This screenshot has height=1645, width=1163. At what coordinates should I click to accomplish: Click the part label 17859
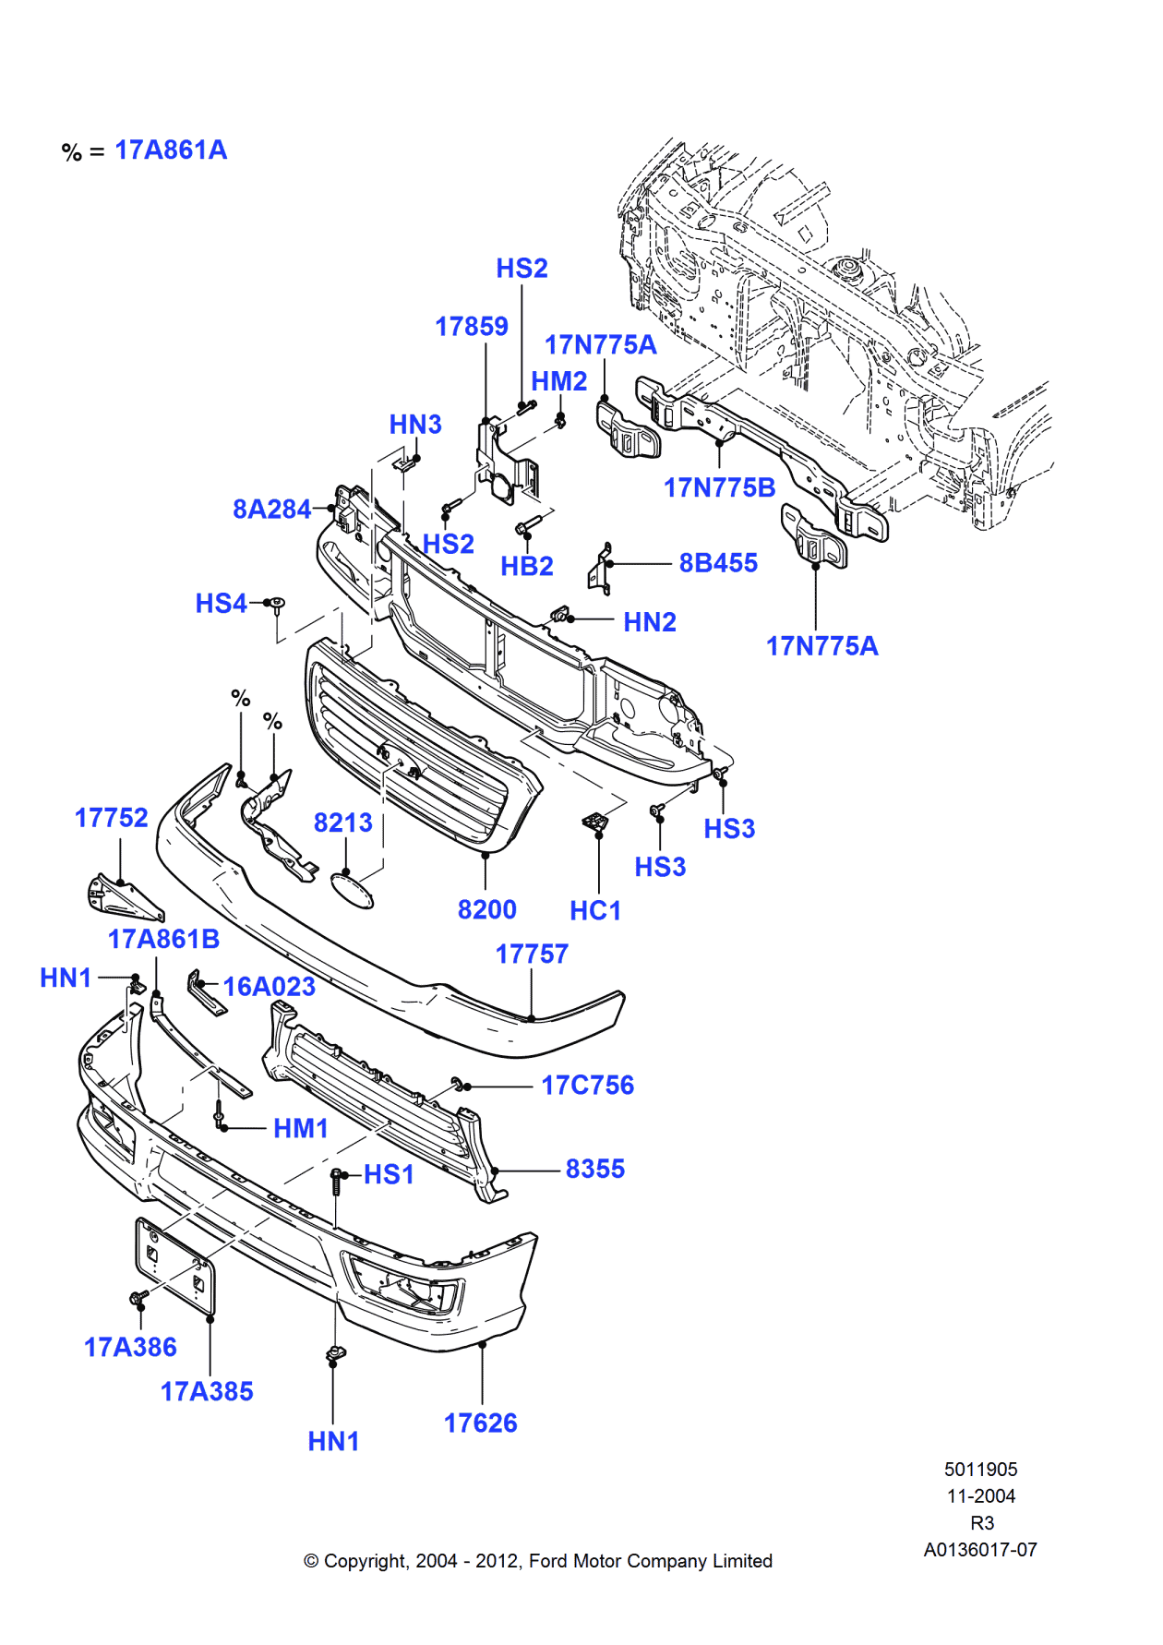pyautogui.click(x=471, y=327)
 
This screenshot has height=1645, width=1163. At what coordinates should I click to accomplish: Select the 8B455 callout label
pyautogui.click(x=717, y=563)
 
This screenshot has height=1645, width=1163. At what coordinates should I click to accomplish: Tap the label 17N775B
pyautogui.click(x=719, y=487)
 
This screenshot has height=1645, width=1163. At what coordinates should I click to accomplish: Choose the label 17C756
pyautogui.click(x=587, y=1086)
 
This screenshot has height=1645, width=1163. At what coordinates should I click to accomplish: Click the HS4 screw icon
pyautogui.click(x=275, y=604)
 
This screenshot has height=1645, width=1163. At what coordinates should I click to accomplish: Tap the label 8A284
pyautogui.click(x=271, y=510)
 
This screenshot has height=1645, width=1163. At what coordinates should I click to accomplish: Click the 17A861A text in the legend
pyautogui.click(x=171, y=150)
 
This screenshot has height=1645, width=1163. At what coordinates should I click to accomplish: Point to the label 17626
pyautogui.click(x=480, y=1423)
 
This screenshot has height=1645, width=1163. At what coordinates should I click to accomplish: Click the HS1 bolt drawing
pyautogui.click(x=337, y=1181)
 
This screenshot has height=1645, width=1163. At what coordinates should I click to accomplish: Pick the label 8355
pyautogui.click(x=594, y=1170)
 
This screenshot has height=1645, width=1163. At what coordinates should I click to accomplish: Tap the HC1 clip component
pyautogui.click(x=595, y=821)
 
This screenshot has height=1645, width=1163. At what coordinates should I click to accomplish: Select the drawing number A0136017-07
pyautogui.click(x=980, y=1550)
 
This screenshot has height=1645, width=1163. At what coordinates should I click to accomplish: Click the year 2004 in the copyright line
pyautogui.click(x=436, y=1561)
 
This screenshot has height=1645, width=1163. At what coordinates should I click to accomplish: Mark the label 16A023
pyautogui.click(x=269, y=987)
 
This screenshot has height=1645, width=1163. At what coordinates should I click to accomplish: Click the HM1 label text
pyautogui.click(x=301, y=1129)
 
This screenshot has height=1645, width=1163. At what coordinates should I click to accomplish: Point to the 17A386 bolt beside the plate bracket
pyautogui.click(x=138, y=1299)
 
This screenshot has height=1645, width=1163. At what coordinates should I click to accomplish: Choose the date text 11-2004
pyautogui.click(x=980, y=1496)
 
